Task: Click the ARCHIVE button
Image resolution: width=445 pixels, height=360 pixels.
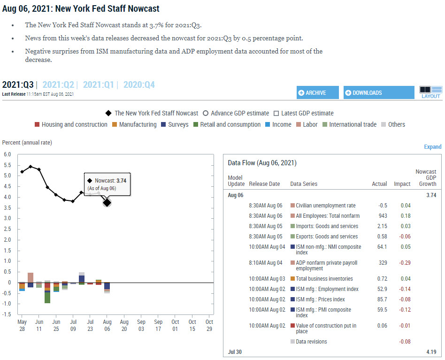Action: (x=317, y=93)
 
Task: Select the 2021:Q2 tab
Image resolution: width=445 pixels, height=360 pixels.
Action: (x=58, y=85)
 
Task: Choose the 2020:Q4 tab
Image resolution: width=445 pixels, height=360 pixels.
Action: (x=139, y=85)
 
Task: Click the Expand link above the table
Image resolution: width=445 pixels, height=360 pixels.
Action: (x=432, y=147)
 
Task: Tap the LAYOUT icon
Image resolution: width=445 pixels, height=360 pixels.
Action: (x=430, y=92)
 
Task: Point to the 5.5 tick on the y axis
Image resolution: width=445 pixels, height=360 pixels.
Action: (x=8, y=165)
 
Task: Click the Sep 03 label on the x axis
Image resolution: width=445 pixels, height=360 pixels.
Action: (x=141, y=325)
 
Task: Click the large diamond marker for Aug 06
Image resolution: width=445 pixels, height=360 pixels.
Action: (x=107, y=202)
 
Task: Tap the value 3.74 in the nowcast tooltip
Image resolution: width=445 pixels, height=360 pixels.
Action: (x=121, y=180)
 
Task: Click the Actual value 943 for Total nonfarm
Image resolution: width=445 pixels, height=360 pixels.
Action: (x=383, y=216)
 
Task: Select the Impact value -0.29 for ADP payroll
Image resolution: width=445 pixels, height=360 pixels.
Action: (x=404, y=263)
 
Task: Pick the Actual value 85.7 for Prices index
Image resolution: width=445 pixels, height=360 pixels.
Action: (x=382, y=299)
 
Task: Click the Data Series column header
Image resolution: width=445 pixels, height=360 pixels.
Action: (x=304, y=184)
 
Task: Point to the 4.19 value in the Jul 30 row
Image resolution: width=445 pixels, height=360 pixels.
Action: (x=431, y=352)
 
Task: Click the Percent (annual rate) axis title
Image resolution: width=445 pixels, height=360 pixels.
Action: (x=27, y=143)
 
